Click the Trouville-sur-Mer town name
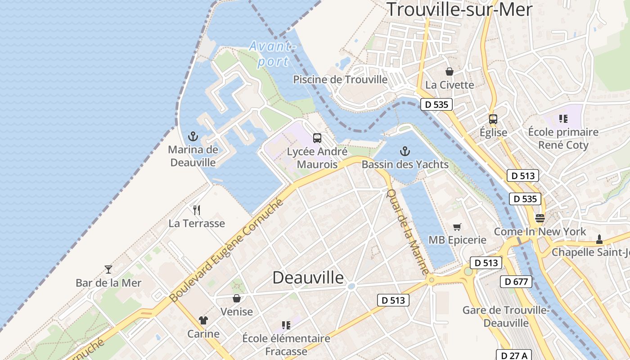point(459,9)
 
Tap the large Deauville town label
point(308,277)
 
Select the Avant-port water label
point(273,54)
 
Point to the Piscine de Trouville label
point(340,80)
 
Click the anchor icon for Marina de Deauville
point(193,135)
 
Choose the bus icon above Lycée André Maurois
point(317,138)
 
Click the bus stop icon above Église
point(493,119)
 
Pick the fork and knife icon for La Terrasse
point(197,210)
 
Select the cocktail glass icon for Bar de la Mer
point(108,269)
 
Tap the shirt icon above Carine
point(203,320)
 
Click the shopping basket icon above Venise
point(237,298)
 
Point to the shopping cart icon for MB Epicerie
point(457,227)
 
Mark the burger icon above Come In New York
point(540,218)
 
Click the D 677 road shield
point(516,282)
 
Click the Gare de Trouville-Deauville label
point(506,316)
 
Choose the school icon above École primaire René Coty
point(563,119)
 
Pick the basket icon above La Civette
point(449,72)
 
